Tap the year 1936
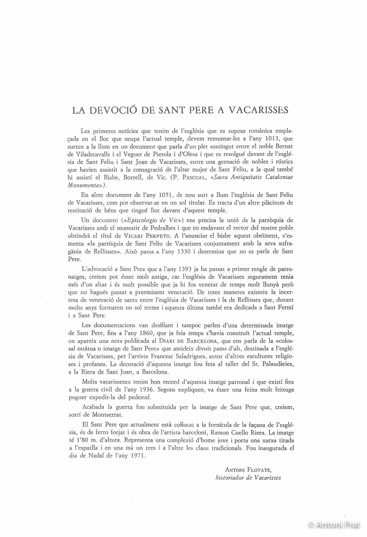click(156, 390)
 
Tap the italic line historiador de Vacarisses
click(248, 477)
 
